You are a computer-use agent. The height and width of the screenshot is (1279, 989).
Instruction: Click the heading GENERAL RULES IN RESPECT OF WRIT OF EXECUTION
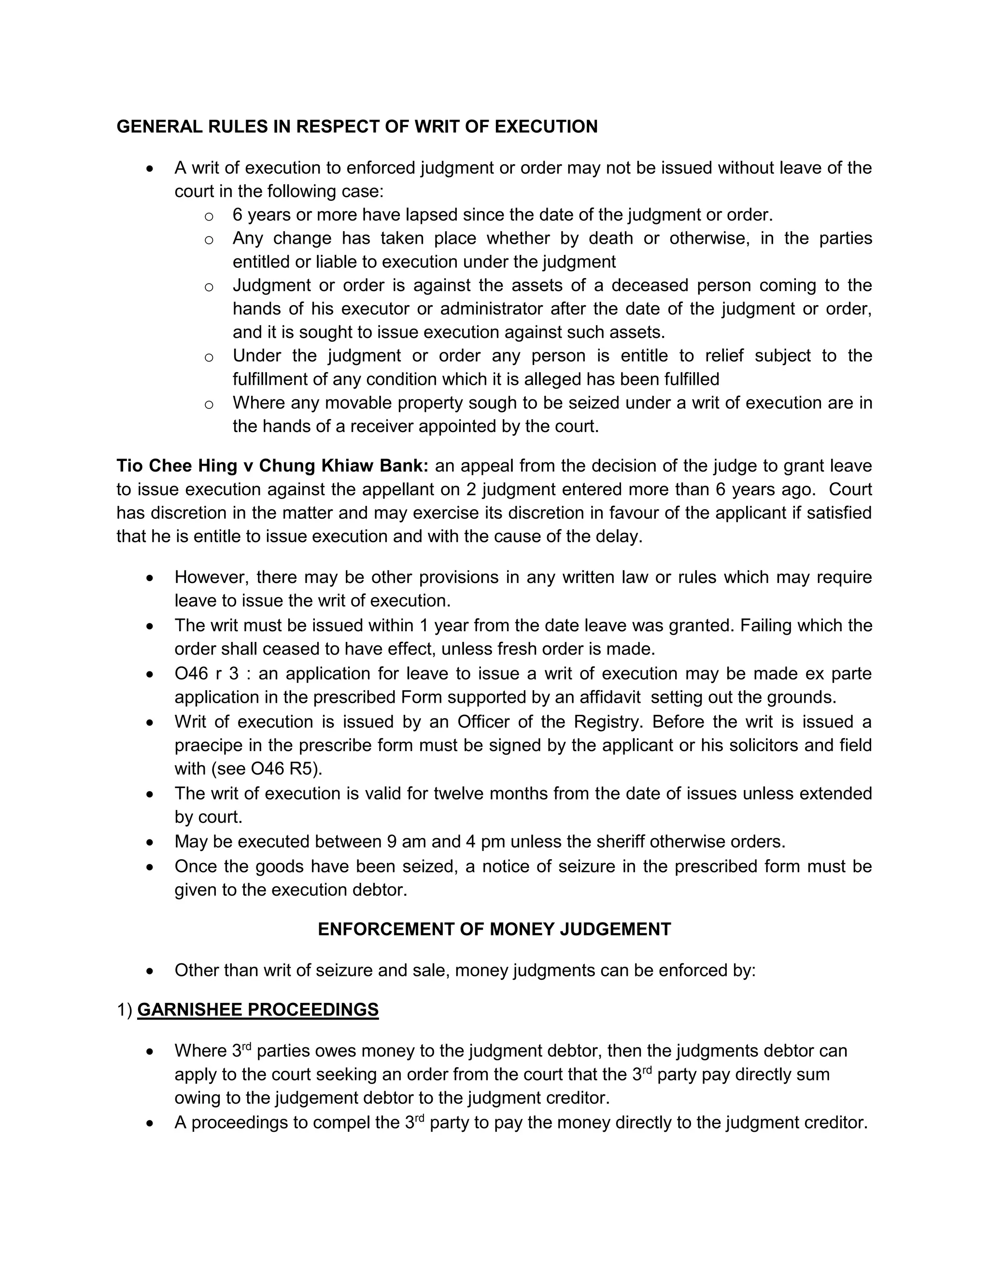(x=357, y=126)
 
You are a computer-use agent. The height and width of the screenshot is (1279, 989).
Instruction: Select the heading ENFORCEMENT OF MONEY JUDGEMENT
(x=494, y=930)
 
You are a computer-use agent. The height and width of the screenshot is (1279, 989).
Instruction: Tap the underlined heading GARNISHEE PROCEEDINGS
(x=258, y=1010)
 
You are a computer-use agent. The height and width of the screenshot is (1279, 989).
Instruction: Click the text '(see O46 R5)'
(x=248, y=768)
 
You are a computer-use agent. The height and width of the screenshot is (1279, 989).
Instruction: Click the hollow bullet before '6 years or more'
(x=209, y=216)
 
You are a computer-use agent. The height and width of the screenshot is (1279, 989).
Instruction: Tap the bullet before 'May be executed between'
(x=151, y=842)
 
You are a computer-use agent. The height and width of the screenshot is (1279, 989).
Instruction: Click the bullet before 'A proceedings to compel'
(x=151, y=1123)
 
